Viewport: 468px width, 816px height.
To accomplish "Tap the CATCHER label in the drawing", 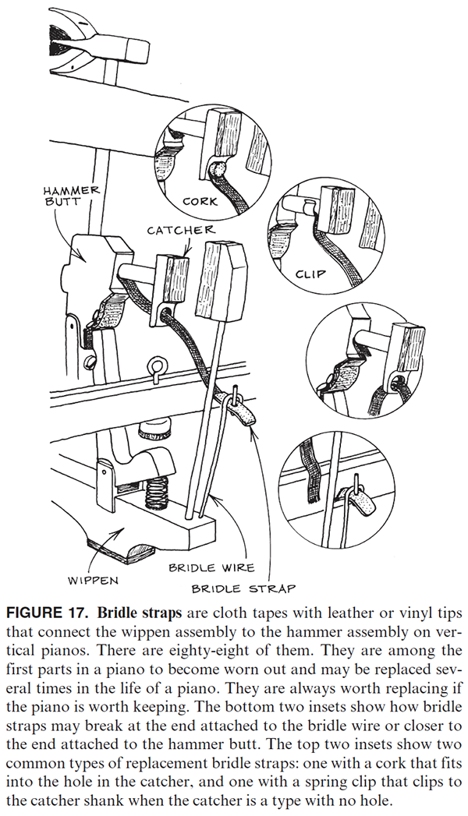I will coord(180,230).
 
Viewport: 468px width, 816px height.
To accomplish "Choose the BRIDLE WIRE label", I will coord(211,568).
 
